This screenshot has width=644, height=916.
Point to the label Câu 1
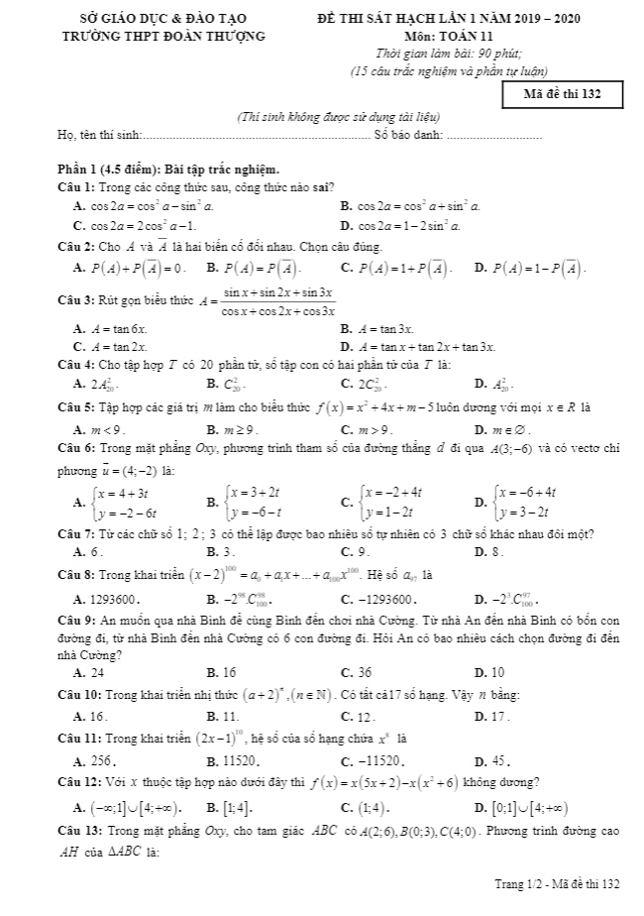(x=75, y=186)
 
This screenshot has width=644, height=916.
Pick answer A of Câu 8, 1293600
(x=114, y=600)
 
